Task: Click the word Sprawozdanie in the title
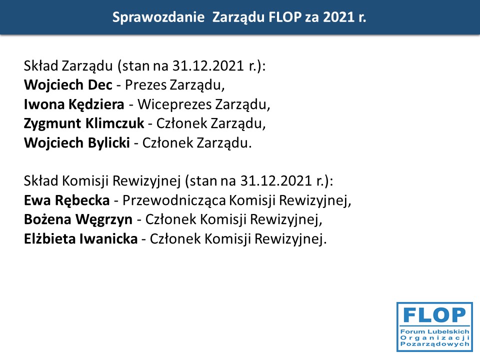[158, 17]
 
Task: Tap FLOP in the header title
[285, 17]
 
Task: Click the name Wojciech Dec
[68, 85]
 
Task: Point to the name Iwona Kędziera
[74, 104]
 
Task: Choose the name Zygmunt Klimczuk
[84, 123]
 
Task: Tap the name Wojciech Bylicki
[77, 143]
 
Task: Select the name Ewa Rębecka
[66, 200]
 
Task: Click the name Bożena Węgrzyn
[78, 220]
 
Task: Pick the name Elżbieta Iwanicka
[81, 239]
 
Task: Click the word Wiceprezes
[174, 104]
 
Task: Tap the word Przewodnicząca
[174, 200]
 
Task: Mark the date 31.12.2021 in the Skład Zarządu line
[208, 66]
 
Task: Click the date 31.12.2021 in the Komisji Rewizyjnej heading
[276, 181]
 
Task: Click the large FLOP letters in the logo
[434, 315]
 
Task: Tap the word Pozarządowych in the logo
[434, 344]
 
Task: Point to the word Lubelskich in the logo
[448, 331]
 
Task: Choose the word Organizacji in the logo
[434, 337]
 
